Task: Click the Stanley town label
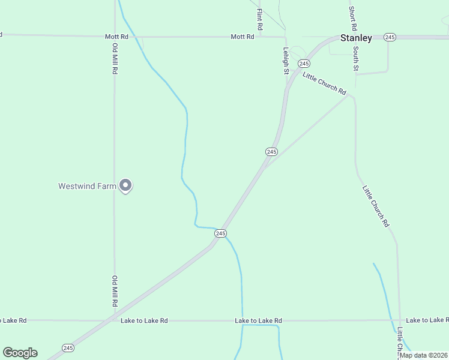356,38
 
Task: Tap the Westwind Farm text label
86,186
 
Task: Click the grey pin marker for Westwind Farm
125,185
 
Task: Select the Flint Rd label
259,19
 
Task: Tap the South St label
356,59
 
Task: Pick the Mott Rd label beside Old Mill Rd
116,37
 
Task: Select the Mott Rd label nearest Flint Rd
243,37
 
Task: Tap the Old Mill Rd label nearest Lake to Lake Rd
114,291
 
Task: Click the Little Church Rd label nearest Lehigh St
325,83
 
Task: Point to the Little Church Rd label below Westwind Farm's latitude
376,206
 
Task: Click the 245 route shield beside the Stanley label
390,37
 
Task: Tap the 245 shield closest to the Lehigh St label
304,64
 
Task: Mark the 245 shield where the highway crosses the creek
220,233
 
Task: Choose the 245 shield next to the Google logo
68,348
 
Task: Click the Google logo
20,353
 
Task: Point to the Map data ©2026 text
423,355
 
